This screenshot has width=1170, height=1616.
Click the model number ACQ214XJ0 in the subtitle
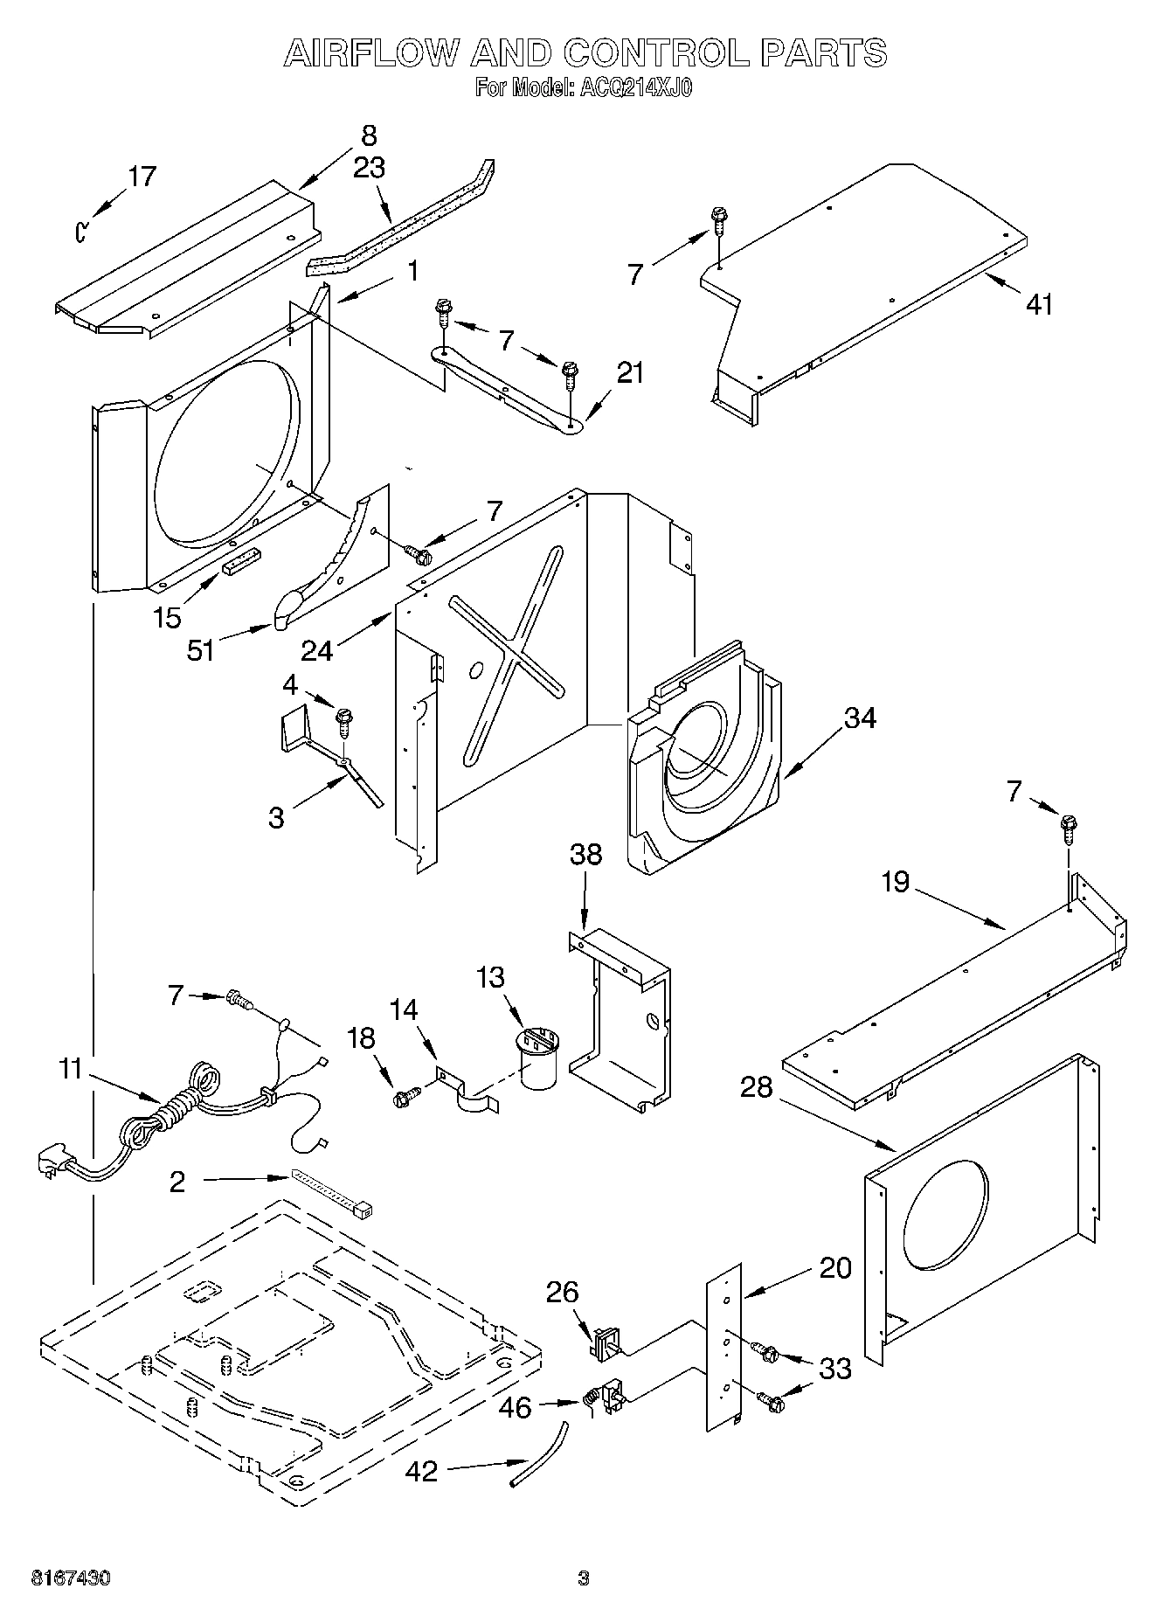[630, 88]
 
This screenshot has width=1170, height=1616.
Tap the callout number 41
[1039, 304]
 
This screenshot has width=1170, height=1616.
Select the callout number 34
[860, 718]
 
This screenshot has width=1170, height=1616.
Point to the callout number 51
[201, 650]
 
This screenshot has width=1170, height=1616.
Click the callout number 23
[369, 168]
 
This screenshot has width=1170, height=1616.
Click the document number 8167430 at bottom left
[71, 1578]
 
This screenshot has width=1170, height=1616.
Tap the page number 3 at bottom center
[584, 1578]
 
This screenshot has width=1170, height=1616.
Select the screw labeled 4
[345, 720]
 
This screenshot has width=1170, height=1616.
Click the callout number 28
[757, 1088]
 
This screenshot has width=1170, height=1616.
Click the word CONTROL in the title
[656, 53]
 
